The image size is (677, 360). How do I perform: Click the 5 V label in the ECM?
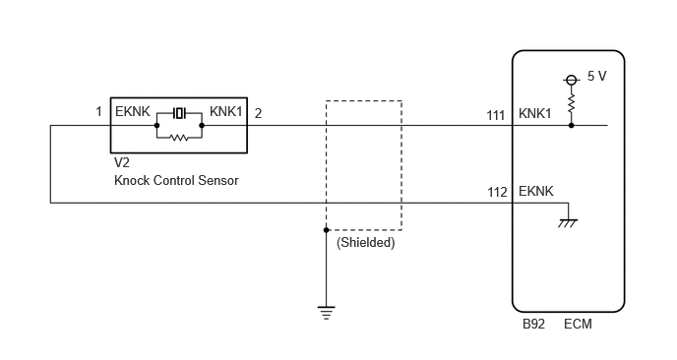pos(596,77)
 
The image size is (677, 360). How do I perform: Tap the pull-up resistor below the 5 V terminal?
pos(571,103)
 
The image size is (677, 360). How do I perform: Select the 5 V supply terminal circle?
pos(571,80)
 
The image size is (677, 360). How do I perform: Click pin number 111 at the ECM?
pos(496,116)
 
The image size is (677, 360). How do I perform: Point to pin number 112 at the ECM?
pos(497,192)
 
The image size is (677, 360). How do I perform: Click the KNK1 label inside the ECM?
pos(535,113)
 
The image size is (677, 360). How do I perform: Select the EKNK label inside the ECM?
pos(536,191)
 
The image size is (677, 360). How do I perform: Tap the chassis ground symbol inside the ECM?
pos(568,222)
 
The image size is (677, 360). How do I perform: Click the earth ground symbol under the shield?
pos(326,313)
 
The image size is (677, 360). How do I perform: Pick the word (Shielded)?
pos(366,243)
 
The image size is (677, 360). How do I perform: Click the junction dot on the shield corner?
pos(327,230)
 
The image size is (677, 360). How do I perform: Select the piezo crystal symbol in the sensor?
pos(179,113)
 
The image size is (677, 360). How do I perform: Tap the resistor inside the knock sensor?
pos(179,138)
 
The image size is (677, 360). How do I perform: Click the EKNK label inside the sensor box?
pos(133,112)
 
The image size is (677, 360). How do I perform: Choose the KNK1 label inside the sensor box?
pos(225,112)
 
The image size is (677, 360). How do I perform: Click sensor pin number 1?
pos(98,112)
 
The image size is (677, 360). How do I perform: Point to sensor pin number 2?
pos(258,113)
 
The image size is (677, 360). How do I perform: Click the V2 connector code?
pos(122,162)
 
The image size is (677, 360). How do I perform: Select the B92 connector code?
pos(533,325)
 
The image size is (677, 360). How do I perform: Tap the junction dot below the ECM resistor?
pos(571,126)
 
